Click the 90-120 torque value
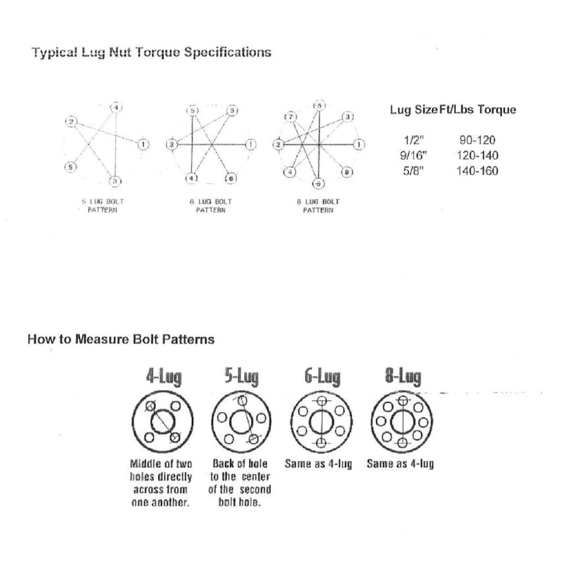click(477, 140)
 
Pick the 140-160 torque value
click(477, 171)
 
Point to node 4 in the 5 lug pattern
click(115, 108)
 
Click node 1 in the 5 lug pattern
click(143, 144)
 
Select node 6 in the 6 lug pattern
click(231, 179)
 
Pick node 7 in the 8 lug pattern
click(291, 116)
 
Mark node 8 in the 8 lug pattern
click(347, 172)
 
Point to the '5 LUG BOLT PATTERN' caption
click(102, 206)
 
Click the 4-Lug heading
click(164, 376)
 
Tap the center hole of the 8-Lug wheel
click(402, 421)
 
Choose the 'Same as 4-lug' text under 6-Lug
click(318, 464)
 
